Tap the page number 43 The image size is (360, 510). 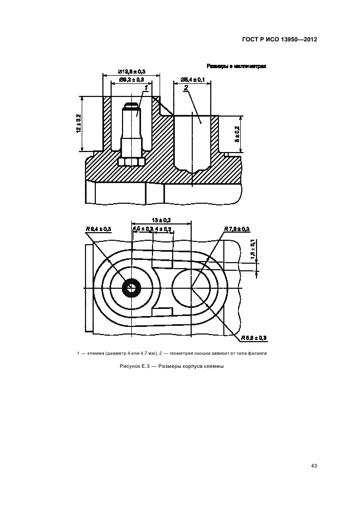tap(313, 465)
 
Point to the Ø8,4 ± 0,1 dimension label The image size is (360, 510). tap(192, 80)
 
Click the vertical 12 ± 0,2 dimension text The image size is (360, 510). tap(78, 124)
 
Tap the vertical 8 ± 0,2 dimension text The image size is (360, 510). tap(236, 135)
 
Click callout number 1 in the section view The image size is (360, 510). tap(146, 87)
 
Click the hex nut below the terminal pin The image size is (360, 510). tap(131, 161)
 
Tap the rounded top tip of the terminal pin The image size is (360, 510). tap(131, 105)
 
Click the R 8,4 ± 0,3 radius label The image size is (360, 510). tap(98, 229)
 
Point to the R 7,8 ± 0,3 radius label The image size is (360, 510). tap(237, 228)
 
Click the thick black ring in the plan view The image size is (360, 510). tap(131, 288)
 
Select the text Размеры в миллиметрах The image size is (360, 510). tap(236, 66)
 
